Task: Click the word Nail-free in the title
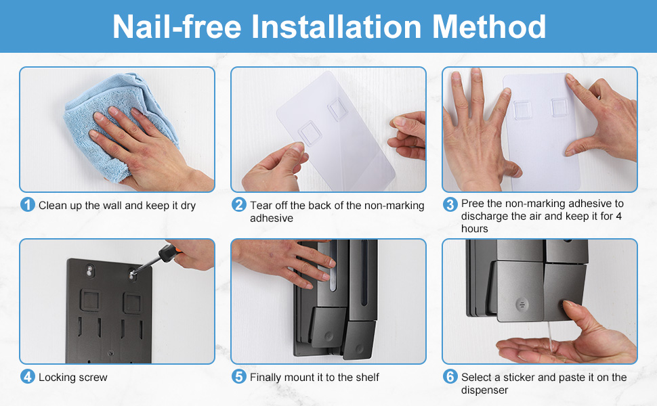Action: pos(177,27)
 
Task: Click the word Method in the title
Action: pos(489,27)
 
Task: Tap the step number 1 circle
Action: pos(28,204)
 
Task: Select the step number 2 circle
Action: pos(239,204)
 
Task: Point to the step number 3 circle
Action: pos(450,204)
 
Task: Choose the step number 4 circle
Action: pos(28,377)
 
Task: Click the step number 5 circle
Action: pos(239,377)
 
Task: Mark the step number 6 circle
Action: pos(450,377)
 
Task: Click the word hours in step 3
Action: pos(474,229)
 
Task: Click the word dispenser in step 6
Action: pos(484,390)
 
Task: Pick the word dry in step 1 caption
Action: pos(188,206)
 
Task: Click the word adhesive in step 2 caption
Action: pos(272,218)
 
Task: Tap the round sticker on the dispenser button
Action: pos(522,304)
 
